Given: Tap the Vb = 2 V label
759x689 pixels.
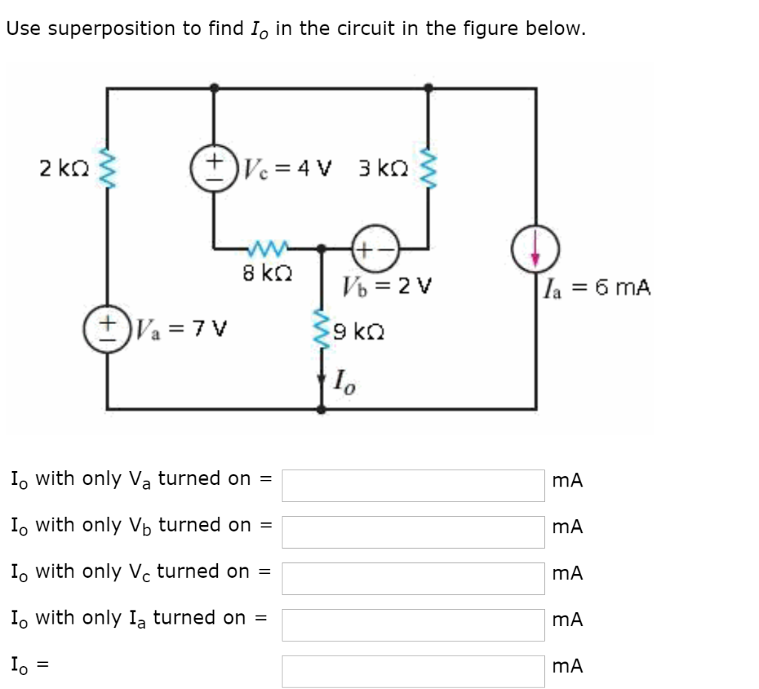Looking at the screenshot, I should click(x=389, y=286).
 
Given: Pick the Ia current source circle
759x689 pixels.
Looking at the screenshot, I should click(x=535, y=248).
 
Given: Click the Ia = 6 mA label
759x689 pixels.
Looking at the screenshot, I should click(x=597, y=287).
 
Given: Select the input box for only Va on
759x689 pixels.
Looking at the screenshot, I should click(x=413, y=485).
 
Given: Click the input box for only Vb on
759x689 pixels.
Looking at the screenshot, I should click(x=413, y=532).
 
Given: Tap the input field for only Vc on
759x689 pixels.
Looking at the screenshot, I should click(x=413, y=578).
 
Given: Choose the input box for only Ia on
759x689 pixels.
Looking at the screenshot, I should click(x=413, y=624).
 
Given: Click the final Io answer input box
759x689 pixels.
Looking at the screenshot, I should click(x=413, y=670).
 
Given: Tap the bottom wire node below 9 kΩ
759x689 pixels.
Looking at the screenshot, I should click(x=321, y=408).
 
